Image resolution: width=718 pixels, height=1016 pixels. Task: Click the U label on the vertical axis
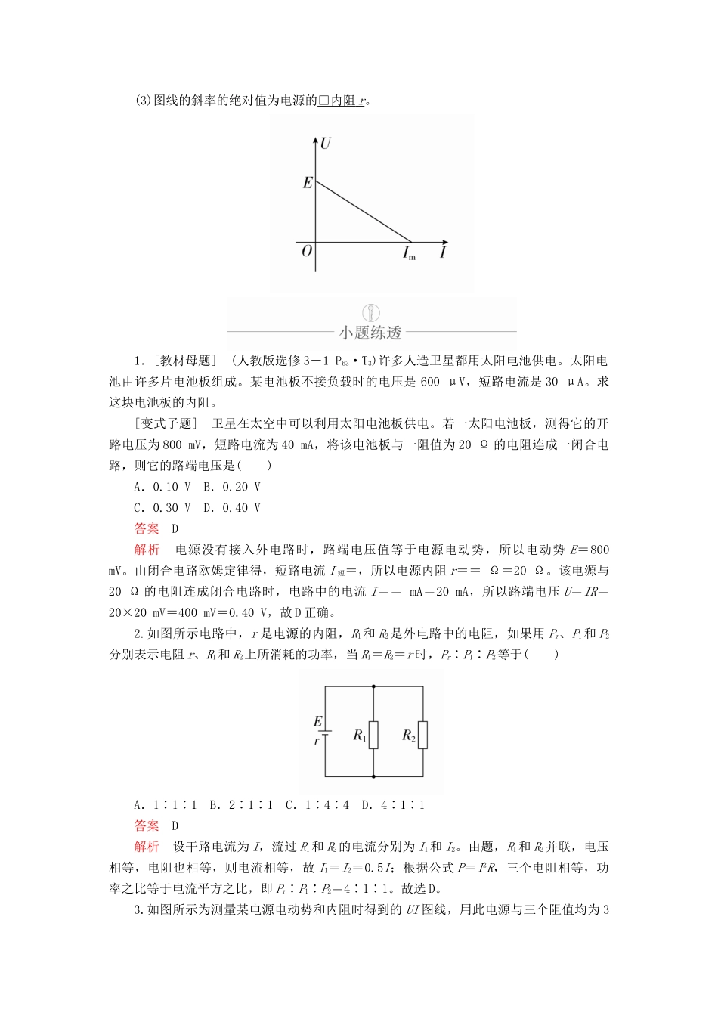click(x=326, y=143)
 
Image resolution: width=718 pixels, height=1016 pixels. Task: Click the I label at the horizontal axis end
click(x=443, y=252)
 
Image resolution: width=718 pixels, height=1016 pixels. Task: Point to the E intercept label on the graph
click(x=307, y=183)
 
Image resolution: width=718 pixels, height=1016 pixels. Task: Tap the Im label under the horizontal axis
click(x=409, y=253)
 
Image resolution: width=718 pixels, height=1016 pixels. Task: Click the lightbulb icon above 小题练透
click(x=371, y=312)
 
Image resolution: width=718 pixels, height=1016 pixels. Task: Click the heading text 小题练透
click(x=370, y=333)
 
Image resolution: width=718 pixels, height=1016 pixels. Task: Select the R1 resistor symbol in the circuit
click(x=374, y=735)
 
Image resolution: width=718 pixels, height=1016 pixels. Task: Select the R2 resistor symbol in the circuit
click(x=422, y=735)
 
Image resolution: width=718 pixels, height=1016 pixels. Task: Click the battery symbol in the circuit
click(x=326, y=732)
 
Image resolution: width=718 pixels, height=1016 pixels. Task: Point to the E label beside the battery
click(x=317, y=721)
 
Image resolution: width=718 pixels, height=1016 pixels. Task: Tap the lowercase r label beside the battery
click(x=317, y=742)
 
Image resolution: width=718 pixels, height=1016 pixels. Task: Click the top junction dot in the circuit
click(x=374, y=686)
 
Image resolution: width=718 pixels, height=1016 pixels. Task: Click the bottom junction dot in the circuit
click(x=374, y=776)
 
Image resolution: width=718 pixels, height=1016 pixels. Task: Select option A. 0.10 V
click(x=162, y=487)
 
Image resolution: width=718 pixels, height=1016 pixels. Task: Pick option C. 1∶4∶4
click(x=317, y=805)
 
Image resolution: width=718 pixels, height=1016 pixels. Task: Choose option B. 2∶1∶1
click(x=241, y=805)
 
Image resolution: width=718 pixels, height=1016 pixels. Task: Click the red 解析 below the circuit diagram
click(x=147, y=847)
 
